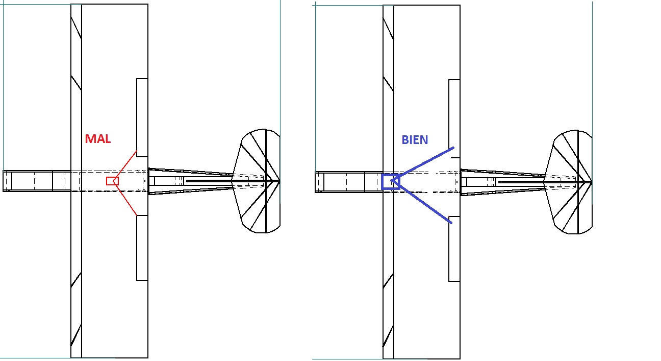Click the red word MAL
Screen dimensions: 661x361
click(98, 139)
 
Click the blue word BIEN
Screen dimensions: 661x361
click(415, 140)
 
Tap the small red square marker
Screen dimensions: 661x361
click(112, 181)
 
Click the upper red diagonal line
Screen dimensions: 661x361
click(125, 165)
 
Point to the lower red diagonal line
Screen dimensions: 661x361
click(125, 198)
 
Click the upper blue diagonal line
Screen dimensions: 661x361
click(422, 164)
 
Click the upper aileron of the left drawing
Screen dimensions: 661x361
click(142, 117)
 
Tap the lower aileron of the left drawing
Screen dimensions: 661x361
click(142, 248)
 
